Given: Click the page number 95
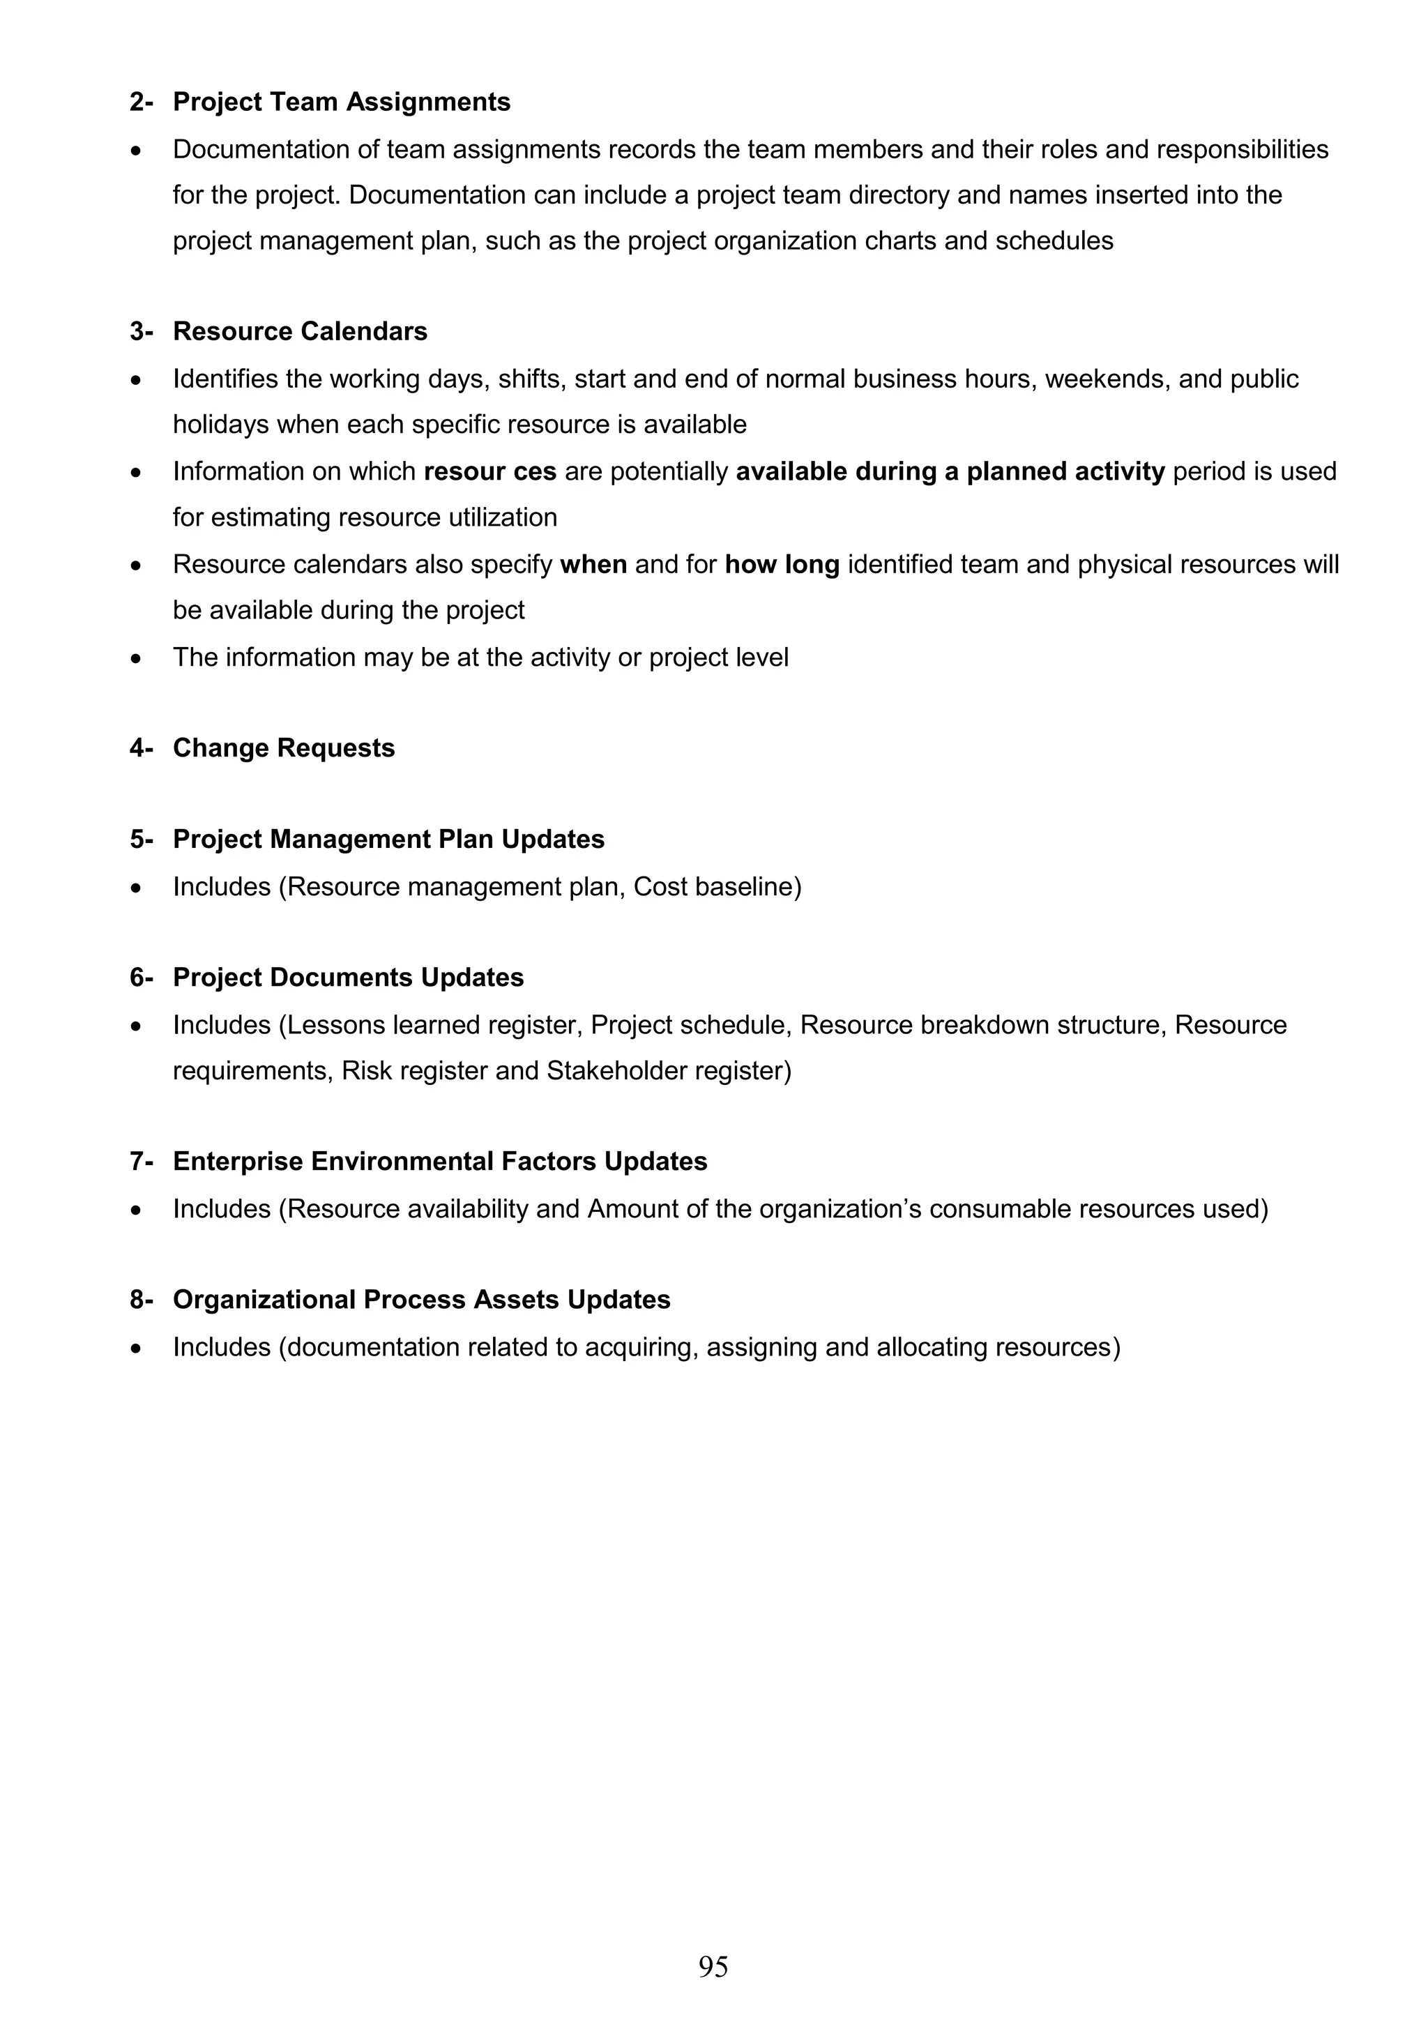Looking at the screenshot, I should click(713, 1966).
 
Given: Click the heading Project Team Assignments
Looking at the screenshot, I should click(342, 102).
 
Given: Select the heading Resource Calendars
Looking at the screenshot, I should click(300, 332).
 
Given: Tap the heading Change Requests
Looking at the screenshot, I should click(283, 747).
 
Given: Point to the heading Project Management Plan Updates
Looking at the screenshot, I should click(388, 840).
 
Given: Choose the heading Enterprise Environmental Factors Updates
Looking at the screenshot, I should click(440, 1162).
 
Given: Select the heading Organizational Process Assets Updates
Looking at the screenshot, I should click(421, 1300).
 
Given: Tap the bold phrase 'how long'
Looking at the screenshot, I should click(782, 564).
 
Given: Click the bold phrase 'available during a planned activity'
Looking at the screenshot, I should click(950, 471).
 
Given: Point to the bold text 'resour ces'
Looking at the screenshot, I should click(490, 471).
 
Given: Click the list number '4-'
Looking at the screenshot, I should click(141, 747).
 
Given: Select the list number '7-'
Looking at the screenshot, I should click(141, 1162).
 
